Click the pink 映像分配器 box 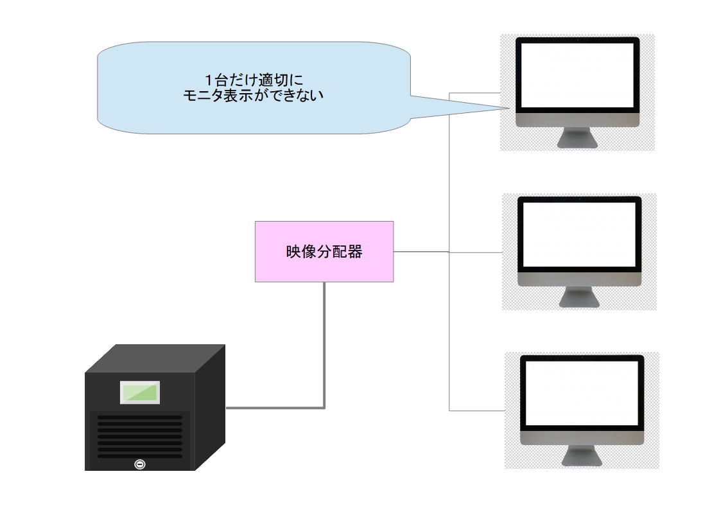click(324, 251)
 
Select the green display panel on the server click(139, 392)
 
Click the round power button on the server click(139, 464)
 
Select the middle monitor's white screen click(580, 234)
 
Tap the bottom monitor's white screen click(581, 392)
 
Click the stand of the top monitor click(577, 137)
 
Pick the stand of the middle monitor click(580, 297)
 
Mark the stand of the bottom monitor click(582, 455)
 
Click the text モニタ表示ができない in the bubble click(253, 96)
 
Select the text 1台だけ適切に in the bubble click(253, 80)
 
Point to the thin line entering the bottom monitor click(478, 410)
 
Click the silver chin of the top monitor click(577, 121)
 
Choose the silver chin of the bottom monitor click(582, 438)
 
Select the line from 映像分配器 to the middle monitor click(421, 252)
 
